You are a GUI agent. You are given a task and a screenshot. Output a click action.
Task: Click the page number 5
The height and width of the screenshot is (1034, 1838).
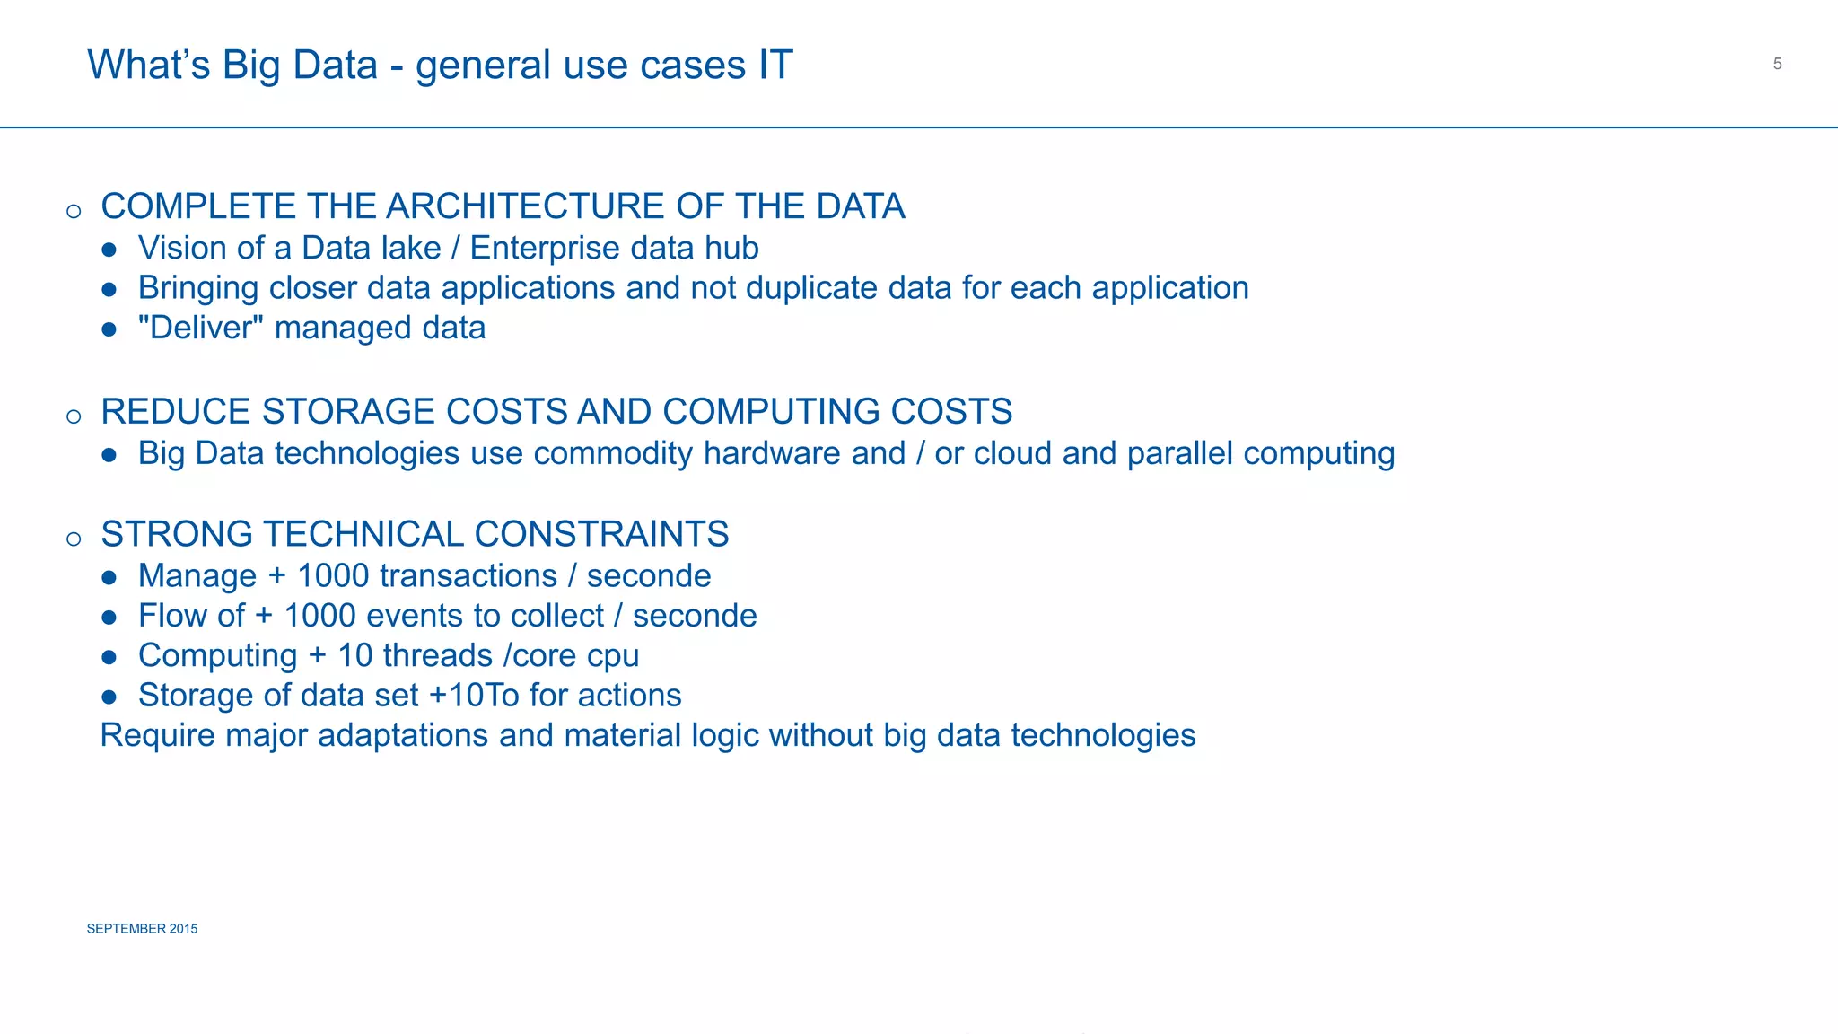(x=1777, y=64)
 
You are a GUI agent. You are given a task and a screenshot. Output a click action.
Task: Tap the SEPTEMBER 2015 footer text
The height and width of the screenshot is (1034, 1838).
(x=142, y=929)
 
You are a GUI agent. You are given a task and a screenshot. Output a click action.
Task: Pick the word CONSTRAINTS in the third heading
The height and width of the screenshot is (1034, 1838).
(x=600, y=534)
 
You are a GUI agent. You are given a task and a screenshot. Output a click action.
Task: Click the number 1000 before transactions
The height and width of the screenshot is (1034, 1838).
(x=337, y=576)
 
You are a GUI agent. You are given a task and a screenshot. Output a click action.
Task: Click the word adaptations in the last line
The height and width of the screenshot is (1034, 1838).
(x=403, y=736)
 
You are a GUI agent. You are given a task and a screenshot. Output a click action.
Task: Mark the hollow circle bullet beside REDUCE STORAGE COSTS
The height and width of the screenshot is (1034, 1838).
(x=74, y=416)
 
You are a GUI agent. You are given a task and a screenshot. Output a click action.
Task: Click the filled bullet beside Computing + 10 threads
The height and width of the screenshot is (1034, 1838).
(x=109, y=657)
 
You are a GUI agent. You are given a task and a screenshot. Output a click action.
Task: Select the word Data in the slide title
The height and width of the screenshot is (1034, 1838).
(x=335, y=66)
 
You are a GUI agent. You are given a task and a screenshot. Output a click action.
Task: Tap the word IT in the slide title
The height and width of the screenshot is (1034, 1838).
(x=775, y=66)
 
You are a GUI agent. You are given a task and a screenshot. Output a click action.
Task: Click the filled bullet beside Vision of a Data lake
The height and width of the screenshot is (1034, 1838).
(x=109, y=250)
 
